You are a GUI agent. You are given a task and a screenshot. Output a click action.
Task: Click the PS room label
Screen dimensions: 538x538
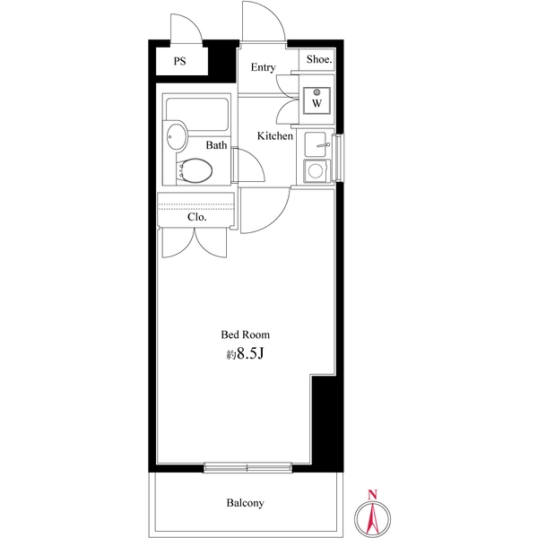pyautogui.click(x=180, y=61)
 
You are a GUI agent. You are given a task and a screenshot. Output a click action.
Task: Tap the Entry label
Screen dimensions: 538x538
pyautogui.click(x=263, y=67)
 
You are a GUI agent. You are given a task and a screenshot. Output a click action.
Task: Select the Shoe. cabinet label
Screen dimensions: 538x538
pyautogui.click(x=319, y=59)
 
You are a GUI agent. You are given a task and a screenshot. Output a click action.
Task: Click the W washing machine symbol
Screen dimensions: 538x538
pyautogui.click(x=317, y=100)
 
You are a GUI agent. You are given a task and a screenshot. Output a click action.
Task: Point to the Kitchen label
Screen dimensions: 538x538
pyautogui.click(x=275, y=136)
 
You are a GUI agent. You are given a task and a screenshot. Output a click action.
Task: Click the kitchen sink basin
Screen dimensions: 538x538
pyautogui.click(x=316, y=144)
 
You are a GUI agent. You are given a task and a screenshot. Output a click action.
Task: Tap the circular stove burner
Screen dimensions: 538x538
pyautogui.click(x=315, y=170)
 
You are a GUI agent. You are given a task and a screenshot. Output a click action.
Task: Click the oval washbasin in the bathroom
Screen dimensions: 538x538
pyautogui.click(x=177, y=136)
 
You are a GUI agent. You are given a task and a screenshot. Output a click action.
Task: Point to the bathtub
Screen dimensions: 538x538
pyautogui.click(x=197, y=114)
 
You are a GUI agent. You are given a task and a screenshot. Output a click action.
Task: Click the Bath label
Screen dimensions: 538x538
pyautogui.click(x=216, y=145)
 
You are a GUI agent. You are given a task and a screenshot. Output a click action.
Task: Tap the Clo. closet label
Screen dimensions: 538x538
pyautogui.click(x=197, y=217)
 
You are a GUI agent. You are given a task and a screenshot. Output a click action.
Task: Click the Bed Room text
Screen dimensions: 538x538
pyautogui.click(x=246, y=334)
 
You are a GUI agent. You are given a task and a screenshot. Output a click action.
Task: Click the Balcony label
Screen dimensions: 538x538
pyautogui.click(x=246, y=503)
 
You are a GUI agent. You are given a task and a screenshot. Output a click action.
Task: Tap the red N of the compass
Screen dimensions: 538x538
pyautogui.click(x=372, y=495)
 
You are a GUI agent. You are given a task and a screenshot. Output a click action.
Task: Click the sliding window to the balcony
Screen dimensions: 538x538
pyautogui.click(x=247, y=467)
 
